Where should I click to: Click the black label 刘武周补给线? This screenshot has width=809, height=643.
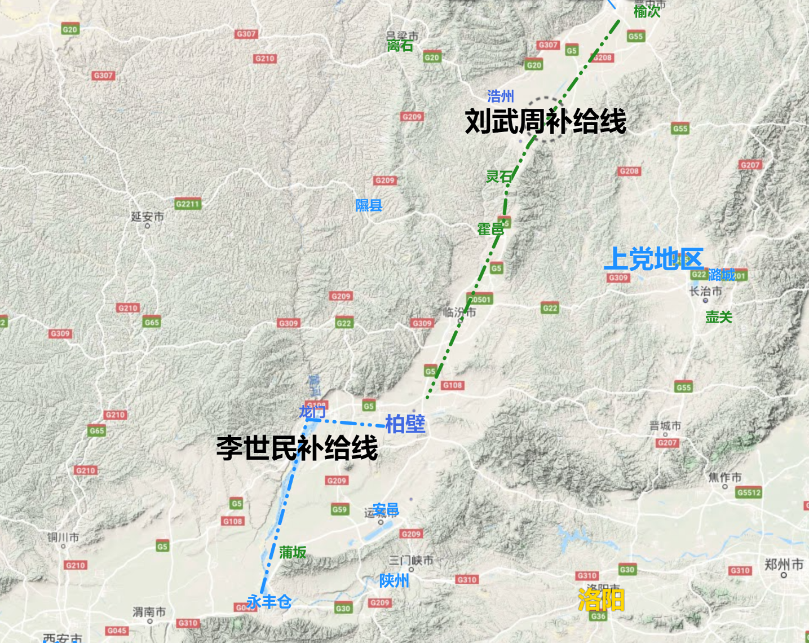545,122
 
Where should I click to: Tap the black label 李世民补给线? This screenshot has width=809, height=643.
297,448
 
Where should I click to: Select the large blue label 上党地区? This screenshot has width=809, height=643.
653,259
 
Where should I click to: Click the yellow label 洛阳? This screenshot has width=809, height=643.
601,600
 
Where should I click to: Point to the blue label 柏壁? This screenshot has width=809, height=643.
405,424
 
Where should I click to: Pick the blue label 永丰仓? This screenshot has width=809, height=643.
269,602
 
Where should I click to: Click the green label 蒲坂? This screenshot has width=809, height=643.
293,552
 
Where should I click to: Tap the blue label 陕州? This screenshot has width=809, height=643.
394,580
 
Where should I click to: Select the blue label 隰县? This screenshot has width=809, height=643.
369,205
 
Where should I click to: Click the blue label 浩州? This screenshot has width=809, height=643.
501,96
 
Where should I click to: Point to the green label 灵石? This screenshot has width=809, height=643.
499,177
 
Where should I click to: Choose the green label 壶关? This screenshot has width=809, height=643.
719,317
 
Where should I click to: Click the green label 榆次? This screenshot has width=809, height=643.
647,11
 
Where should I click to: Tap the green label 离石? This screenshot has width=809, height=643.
400,46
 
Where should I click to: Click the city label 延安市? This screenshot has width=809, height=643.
147,217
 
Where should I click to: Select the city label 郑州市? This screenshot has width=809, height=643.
784,565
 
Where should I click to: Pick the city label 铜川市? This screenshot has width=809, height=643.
63,538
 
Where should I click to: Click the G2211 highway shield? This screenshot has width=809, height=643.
188,204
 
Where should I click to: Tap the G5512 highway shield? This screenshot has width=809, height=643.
749,492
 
